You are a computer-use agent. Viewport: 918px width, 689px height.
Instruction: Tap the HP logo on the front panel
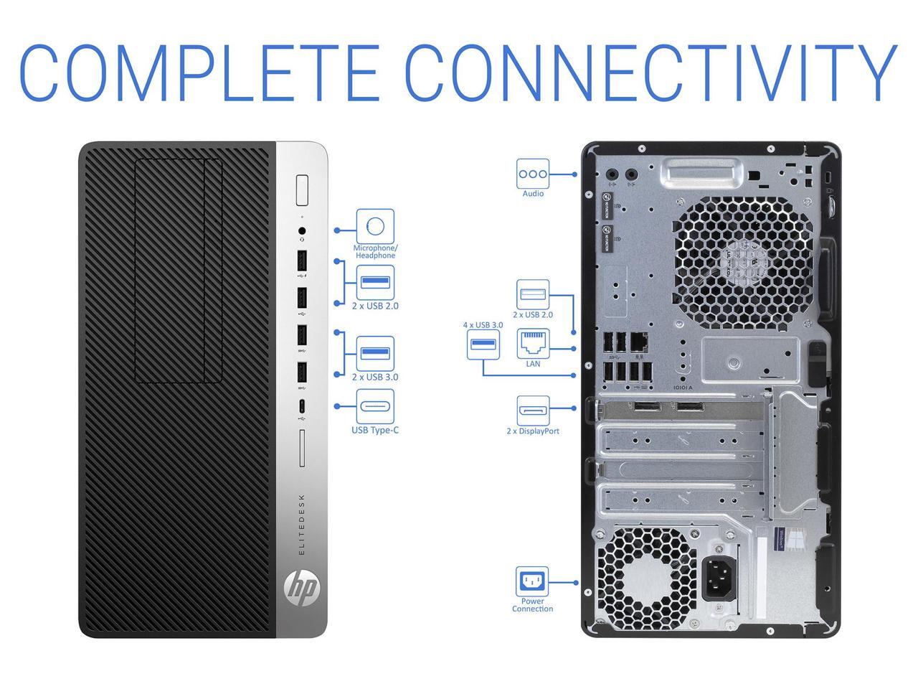pyautogui.click(x=302, y=589)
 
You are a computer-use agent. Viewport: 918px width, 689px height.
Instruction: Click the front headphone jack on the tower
pyautogui.click(x=302, y=231)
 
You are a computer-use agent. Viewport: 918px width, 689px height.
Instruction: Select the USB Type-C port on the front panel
pyautogui.click(x=302, y=406)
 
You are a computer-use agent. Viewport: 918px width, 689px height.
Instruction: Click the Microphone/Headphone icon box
pyautogui.click(x=375, y=227)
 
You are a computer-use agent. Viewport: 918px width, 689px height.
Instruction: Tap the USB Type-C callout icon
pyautogui.click(x=375, y=407)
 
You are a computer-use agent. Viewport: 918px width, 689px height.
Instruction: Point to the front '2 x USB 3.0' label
pyautogui.click(x=375, y=377)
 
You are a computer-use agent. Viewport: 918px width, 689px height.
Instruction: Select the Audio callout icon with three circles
pyautogui.click(x=533, y=174)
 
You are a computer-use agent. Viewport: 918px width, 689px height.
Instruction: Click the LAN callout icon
pyautogui.click(x=533, y=344)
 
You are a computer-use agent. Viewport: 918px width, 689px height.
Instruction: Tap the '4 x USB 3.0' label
pyautogui.click(x=483, y=325)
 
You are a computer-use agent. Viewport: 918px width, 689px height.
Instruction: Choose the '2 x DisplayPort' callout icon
pyautogui.click(x=533, y=411)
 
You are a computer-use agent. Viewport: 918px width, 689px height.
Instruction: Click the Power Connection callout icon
pyautogui.click(x=532, y=581)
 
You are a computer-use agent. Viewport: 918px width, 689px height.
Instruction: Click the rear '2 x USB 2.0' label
pyautogui.click(x=533, y=314)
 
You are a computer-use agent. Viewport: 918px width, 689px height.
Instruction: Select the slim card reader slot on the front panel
pyautogui.click(x=302, y=448)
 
